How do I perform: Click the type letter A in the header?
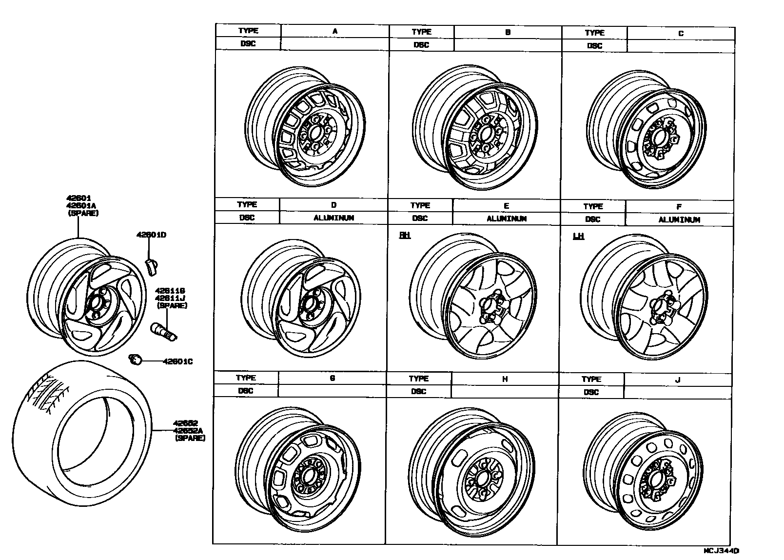tap(335, 31)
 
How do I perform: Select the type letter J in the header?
tap(677, 380)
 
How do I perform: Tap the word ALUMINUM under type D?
tap(333, 218)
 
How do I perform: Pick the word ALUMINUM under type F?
tap(679, 220)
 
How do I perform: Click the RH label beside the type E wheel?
tap(405, 236)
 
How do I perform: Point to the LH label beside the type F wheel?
tap(578, 237)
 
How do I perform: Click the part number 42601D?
tap(151, 235)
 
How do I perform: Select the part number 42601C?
tap(177, 361)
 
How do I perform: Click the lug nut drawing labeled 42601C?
tap(135, 360)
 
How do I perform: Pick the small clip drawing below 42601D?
tap(151, 266)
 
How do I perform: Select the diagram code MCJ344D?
tap(721, 550)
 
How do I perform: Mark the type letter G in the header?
tap(333, 378)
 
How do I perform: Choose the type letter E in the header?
tap(507, 206)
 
